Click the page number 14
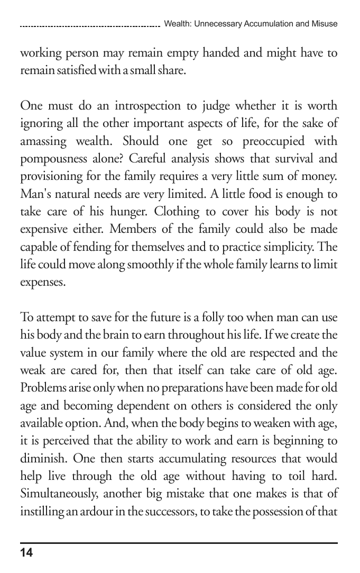(26, 553)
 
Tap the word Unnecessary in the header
(215, 24)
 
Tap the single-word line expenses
(43, 281)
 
